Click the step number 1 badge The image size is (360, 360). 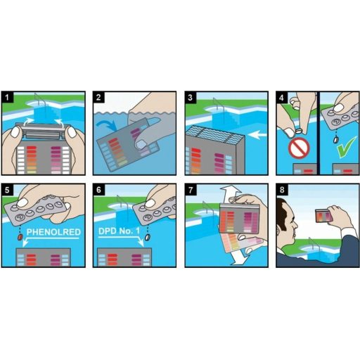click(8, 97)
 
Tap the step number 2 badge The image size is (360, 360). click(99, 97)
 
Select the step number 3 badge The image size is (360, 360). click(191, 97)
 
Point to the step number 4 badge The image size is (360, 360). click(282, 97)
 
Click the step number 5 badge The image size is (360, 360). click(8, 190)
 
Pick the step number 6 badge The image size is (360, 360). click(99, 190)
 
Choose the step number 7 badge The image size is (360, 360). click(191, 190)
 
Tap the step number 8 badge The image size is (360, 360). click(282, 190)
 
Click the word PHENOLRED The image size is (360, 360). click(53, 232)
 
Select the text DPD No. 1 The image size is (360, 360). click(119, 231)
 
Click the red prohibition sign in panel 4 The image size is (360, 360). click(299, 148)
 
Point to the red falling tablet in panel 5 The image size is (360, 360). click(20, 237)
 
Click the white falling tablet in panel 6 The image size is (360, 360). click(147, 237)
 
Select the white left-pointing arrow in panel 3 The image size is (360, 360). click(258, 135)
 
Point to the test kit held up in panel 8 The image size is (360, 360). click(324, 216)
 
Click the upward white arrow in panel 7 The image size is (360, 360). click(227, 195)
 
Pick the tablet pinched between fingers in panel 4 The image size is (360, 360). click(299, 131)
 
